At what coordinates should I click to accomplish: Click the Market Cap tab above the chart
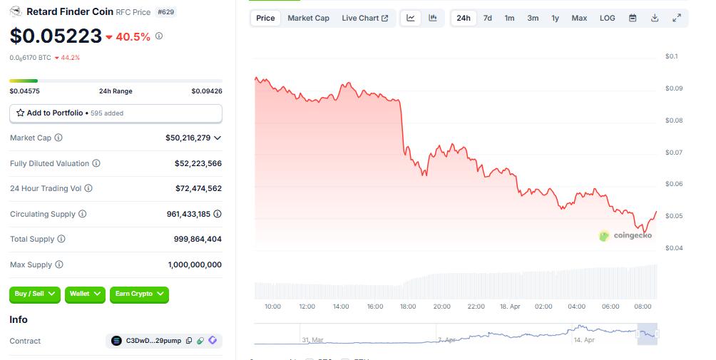308,18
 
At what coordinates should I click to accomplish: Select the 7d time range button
487,18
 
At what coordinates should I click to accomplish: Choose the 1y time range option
555,18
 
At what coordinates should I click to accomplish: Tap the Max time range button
579,18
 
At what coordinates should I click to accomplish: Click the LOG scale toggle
607,18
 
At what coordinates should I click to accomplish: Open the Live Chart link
364,18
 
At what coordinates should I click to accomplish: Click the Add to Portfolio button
116,113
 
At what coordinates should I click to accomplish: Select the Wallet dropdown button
86,293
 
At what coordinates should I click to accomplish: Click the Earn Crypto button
139,293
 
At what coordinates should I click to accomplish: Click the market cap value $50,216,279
188,138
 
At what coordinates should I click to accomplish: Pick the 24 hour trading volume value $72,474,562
198,188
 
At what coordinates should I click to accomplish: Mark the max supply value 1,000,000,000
195,264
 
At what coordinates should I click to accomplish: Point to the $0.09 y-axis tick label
673,88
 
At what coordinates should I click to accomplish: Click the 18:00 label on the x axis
408,307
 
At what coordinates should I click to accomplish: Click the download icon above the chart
655,18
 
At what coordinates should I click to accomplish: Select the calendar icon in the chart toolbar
632,18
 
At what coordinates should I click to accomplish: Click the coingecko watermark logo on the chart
625,235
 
